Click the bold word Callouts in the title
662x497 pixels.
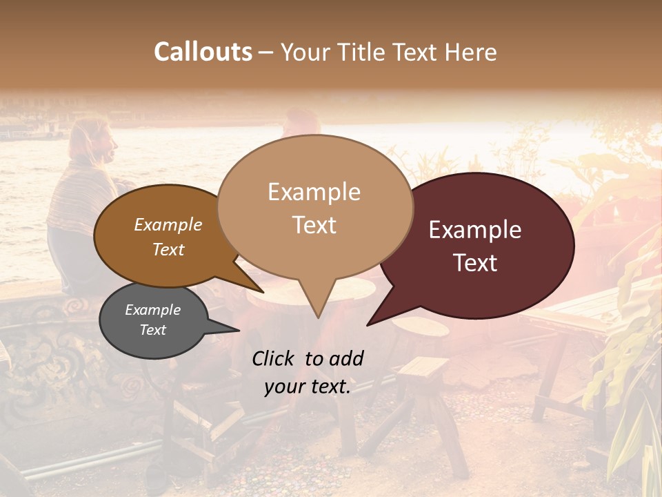click(203, 52)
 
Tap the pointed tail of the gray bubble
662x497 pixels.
click(231, 330)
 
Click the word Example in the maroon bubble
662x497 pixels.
click(475, 230)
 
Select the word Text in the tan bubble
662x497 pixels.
click(314, 225)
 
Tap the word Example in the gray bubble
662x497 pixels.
click(152, 310)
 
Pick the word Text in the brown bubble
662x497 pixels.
click(168, 249)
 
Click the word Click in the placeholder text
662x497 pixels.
click(274, 358)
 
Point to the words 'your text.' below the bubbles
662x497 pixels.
click(308, 387)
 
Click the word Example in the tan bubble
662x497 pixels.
click(314, 192)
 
